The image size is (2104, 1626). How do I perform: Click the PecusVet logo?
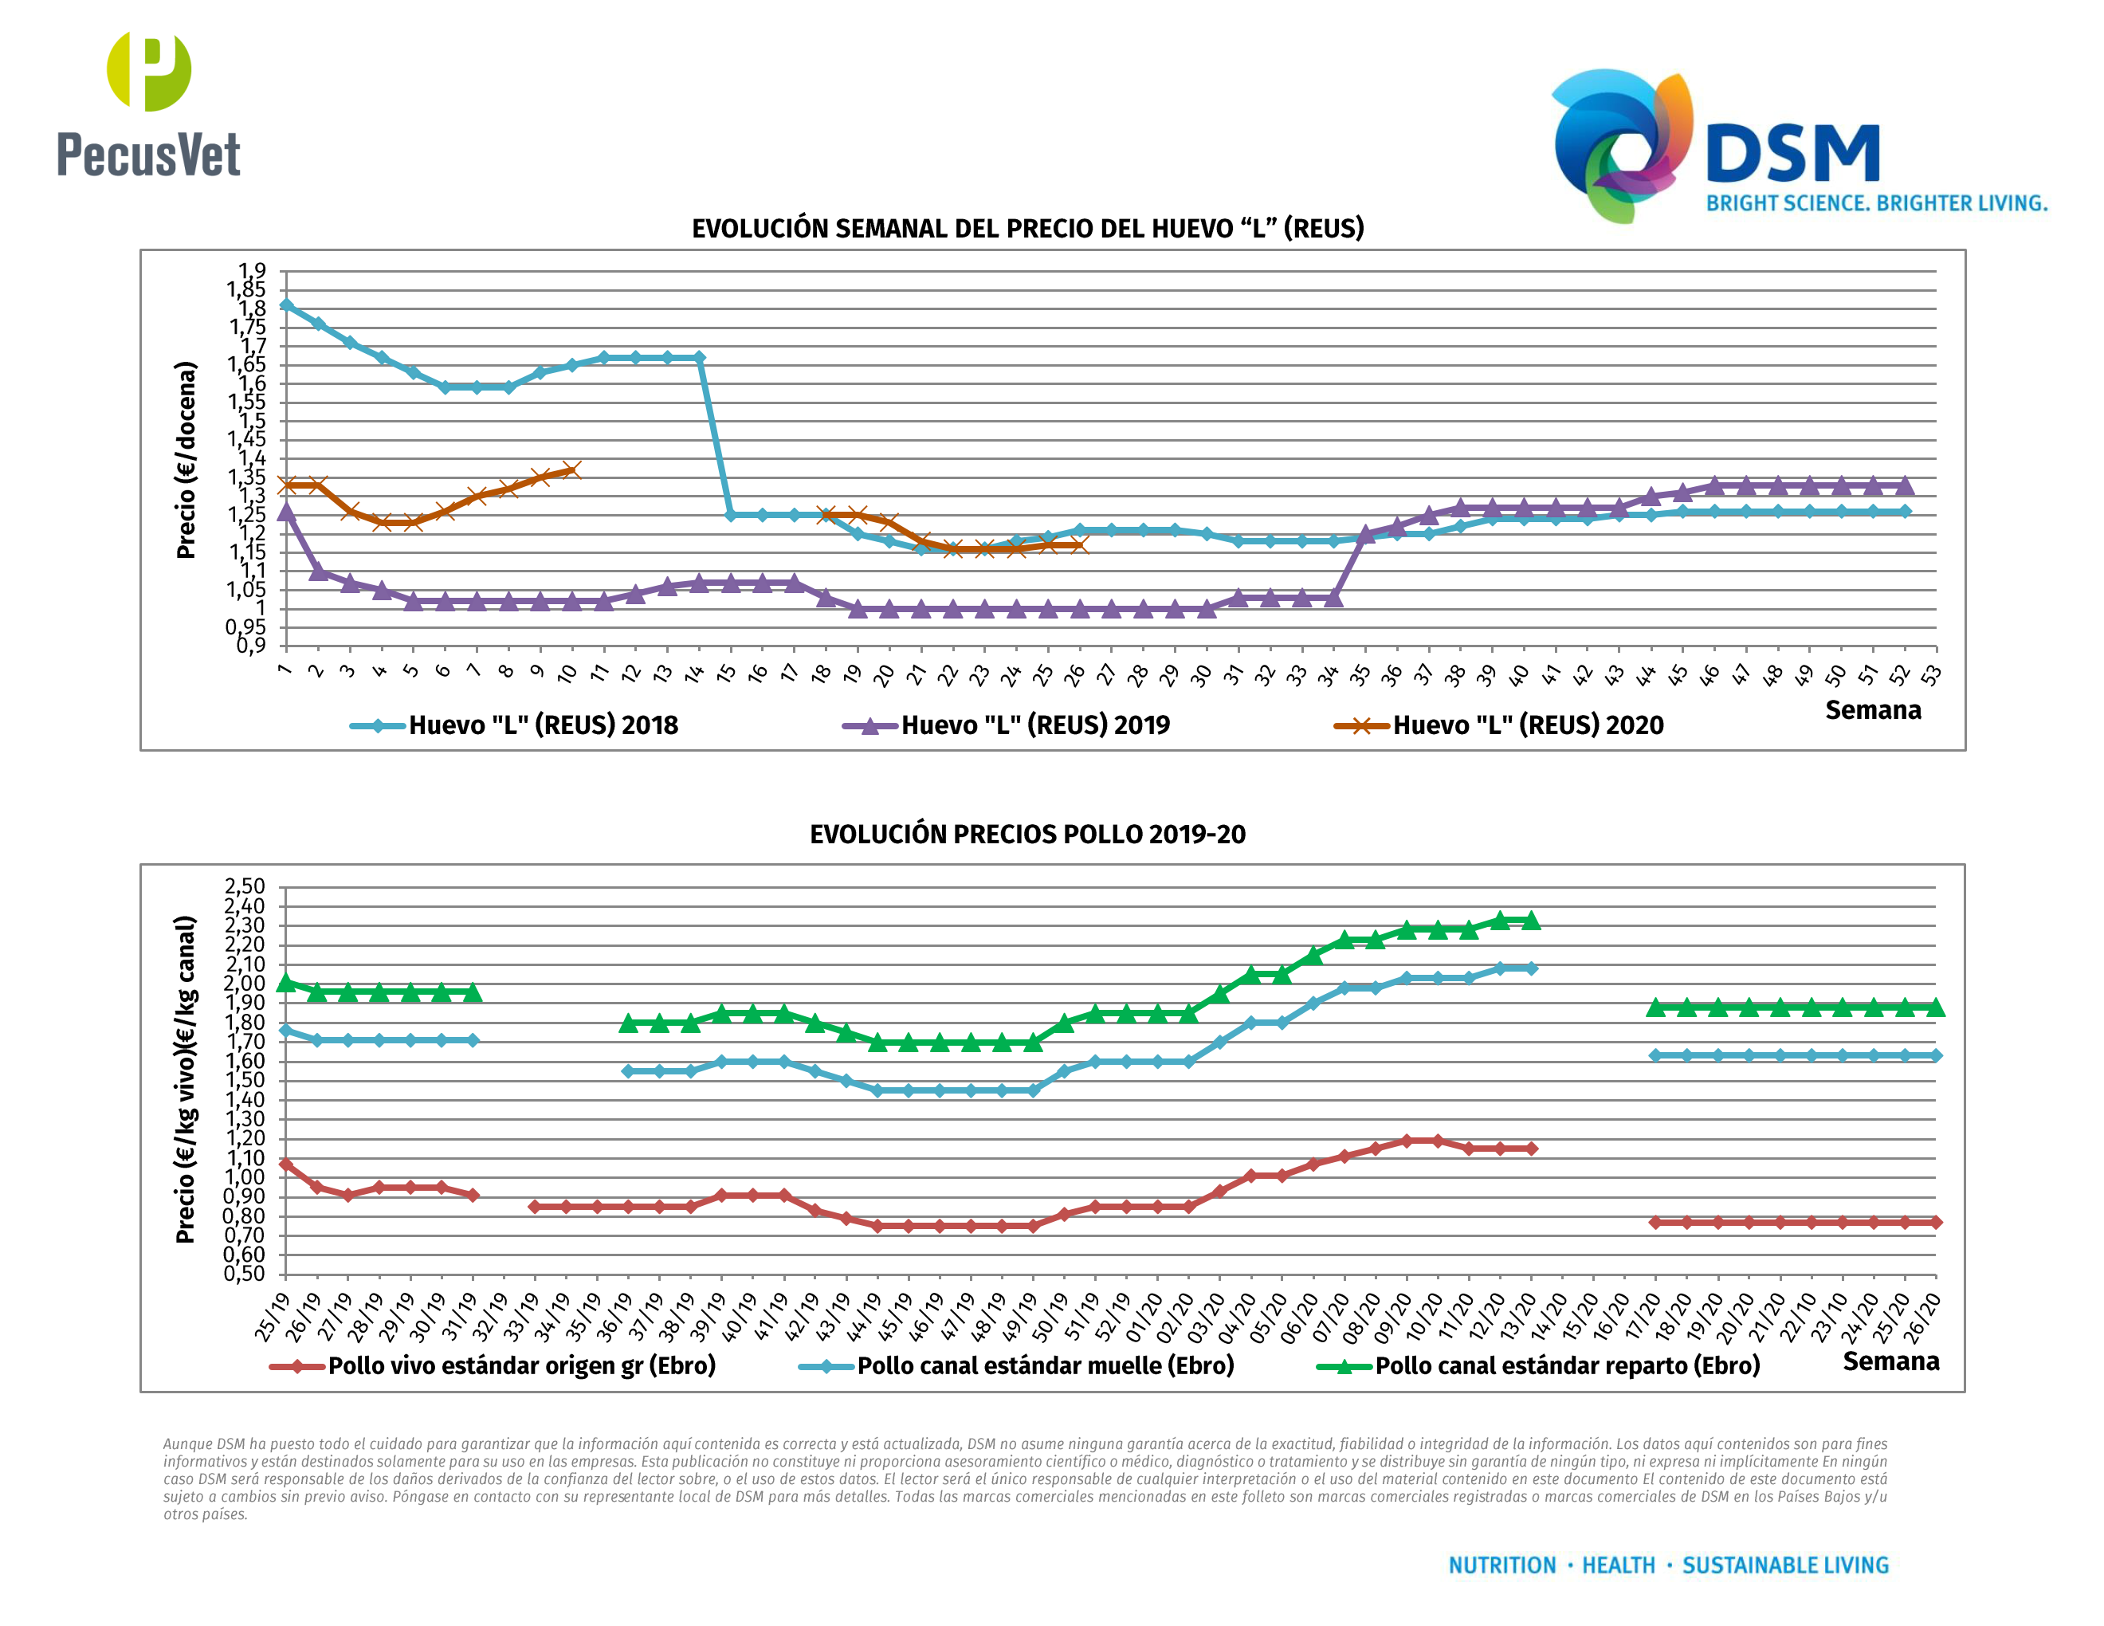pyautogui.click(x=148, y=106)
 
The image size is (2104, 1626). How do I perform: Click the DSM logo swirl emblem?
pyautogui.click(x=1621, y=144)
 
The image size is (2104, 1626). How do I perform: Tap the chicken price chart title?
pyautogui.click(x=1027, y=835)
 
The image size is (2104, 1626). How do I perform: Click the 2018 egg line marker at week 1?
pyautogui.click(x=286, y=305)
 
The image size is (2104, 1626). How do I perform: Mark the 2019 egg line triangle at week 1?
pyautogui.click(x=286, y=512)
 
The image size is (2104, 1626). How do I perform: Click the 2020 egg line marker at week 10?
pyautogui.click(x=571, y=470)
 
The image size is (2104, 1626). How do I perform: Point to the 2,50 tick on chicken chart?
pyautogui.click(x=245, y=886)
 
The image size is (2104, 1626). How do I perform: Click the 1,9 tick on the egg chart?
pyautogui.click(x=253, y=271)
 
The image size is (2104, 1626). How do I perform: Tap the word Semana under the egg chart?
pyautogui.click(x=1873, y=711)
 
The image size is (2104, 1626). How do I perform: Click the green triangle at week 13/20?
pyautogui.click(x=1531, y=921)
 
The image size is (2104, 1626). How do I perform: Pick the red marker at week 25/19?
pyautogui.click(x=286, y=1165)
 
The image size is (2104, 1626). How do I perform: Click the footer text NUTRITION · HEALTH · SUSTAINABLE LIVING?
pyautogui.click(x=1669, y=1565)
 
